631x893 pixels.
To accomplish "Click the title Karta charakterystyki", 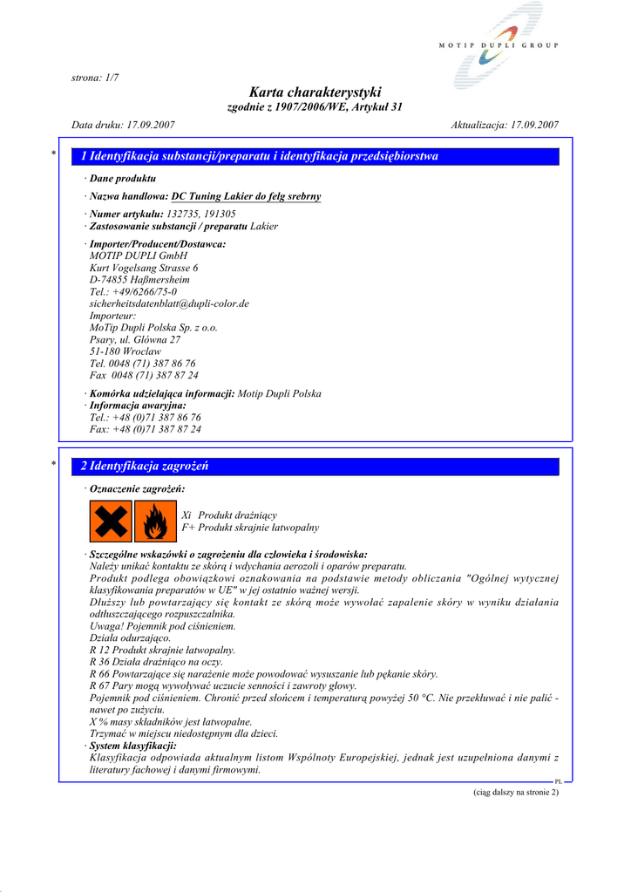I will (315, 92).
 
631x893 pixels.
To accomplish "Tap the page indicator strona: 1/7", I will (95, 78).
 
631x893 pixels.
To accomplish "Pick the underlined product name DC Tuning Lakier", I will (246, 196).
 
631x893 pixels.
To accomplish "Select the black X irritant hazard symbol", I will (110, 521).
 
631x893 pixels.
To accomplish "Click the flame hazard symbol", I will (155, 521).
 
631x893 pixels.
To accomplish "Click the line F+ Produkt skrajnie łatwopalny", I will (250, 528).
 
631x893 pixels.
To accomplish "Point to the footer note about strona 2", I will (515, 792).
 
